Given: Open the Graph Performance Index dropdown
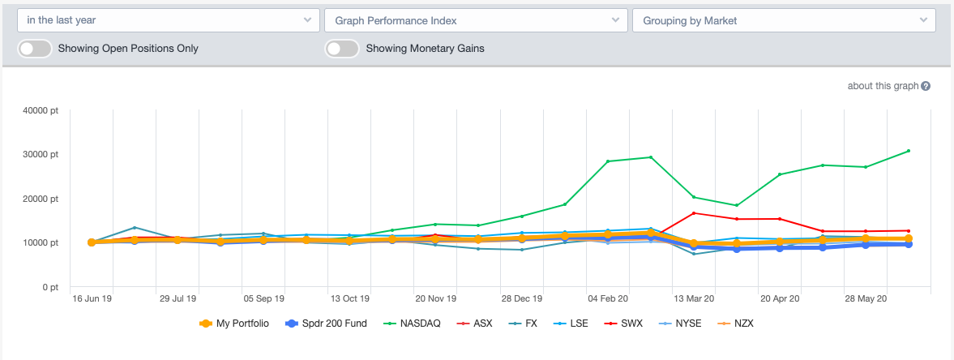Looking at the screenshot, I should (475, 20).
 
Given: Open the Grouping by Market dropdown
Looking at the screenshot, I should (783, 20).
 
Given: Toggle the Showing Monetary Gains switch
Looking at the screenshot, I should (342, 49).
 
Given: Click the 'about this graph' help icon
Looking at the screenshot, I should (926, 87).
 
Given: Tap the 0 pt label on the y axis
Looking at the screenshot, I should (51, 287).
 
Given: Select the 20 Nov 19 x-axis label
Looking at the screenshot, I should (435, 298).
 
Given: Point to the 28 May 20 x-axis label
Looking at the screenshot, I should (866, 298).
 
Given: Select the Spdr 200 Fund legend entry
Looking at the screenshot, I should (327, 324).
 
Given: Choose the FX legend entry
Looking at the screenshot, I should (523, 324).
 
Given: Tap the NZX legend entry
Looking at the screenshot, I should (736, 324).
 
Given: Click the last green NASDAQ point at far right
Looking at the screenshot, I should (909, 151).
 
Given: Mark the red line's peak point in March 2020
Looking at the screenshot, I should (694, 213).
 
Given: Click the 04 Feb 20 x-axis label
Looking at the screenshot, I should (607, 298).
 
